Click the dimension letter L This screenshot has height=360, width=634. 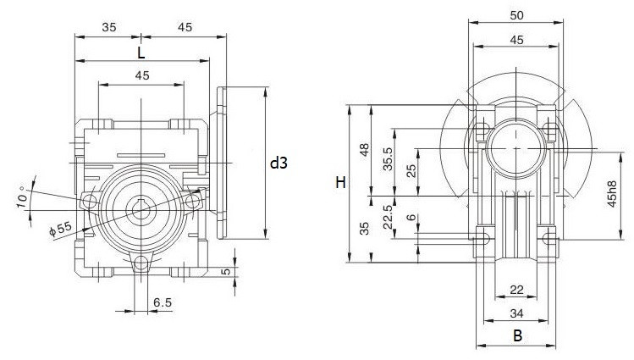(141, 53)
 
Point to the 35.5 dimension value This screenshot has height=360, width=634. (389, 158)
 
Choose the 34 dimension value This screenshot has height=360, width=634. (516, 313)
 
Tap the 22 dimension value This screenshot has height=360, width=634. (516, 291)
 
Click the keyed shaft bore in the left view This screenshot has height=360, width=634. (141, 208)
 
